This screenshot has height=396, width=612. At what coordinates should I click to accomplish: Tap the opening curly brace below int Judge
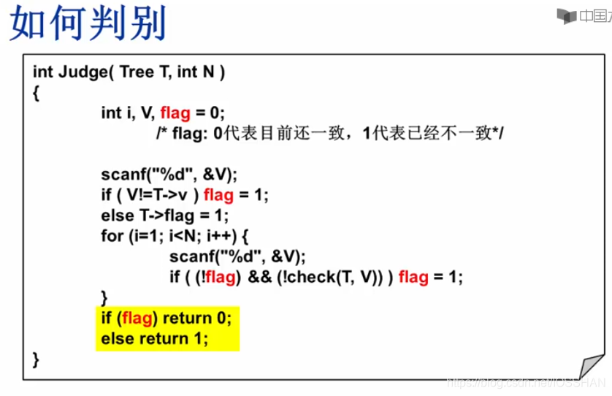36,93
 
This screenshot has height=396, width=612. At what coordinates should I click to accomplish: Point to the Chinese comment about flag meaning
330,134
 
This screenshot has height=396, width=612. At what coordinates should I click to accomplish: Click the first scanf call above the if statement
169,175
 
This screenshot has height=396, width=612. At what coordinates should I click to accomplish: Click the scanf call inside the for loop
237,256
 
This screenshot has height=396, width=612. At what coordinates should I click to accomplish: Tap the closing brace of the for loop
104,297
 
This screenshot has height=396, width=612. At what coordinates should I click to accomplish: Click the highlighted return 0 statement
197,318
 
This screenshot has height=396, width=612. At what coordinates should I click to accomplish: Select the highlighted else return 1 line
155,338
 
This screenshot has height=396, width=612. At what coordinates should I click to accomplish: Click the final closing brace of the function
36,359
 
